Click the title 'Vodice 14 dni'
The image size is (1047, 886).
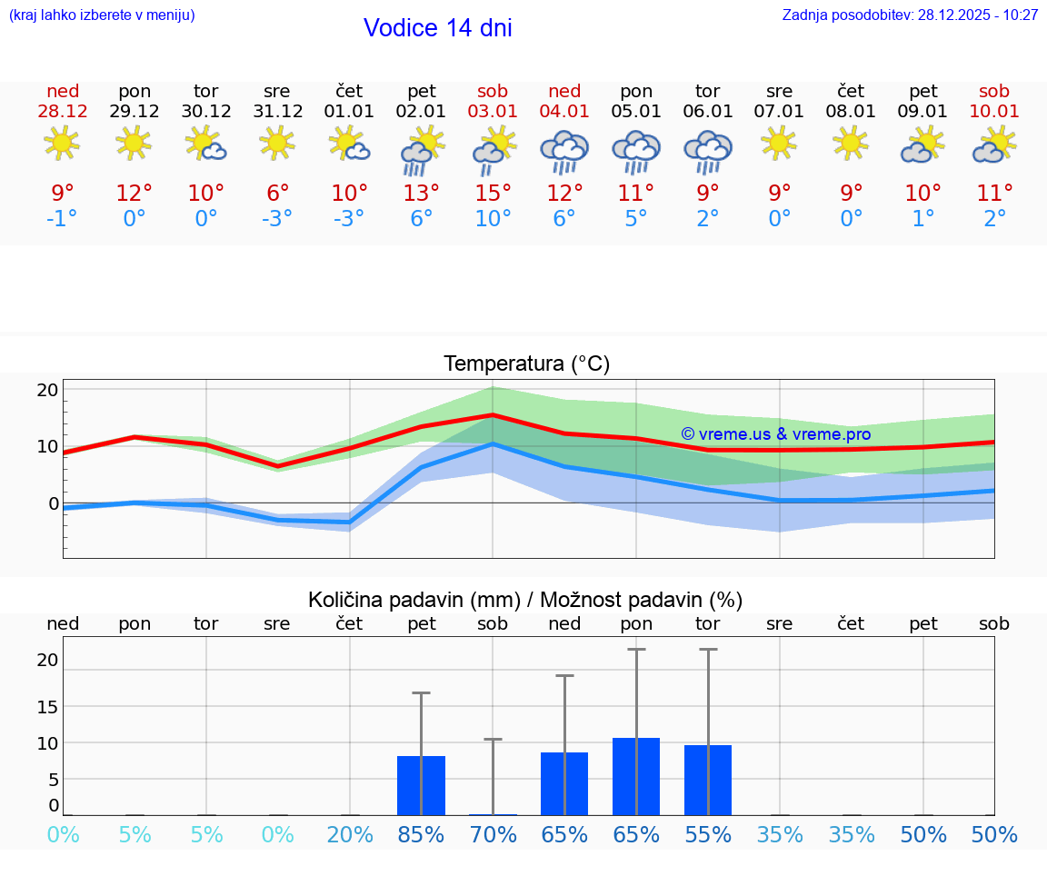(437, 28)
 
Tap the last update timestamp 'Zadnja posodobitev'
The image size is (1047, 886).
(910, 15)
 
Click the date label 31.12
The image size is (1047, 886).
(277, 112)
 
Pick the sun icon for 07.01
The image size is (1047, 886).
(779, 143)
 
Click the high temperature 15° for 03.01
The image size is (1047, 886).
(493, 194)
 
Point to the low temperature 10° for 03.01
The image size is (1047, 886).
(493, 219)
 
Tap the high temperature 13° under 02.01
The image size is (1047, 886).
(421, 194)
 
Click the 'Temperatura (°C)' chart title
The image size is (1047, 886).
(526, 364)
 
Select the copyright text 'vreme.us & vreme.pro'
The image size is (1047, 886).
(775, 434)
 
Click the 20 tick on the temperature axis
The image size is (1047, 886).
(47, 390)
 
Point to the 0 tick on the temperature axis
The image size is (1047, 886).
(54, 503)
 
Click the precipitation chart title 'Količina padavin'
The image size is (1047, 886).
(524, 600)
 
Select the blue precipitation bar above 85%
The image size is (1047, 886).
(421, 785)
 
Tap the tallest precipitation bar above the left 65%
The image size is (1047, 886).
(564, 783)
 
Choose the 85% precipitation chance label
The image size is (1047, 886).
(421, 835)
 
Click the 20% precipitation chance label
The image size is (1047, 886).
(350, 835)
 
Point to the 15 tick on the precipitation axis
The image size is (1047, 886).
(47, 706)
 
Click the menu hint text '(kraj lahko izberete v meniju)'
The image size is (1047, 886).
(102, 15)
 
